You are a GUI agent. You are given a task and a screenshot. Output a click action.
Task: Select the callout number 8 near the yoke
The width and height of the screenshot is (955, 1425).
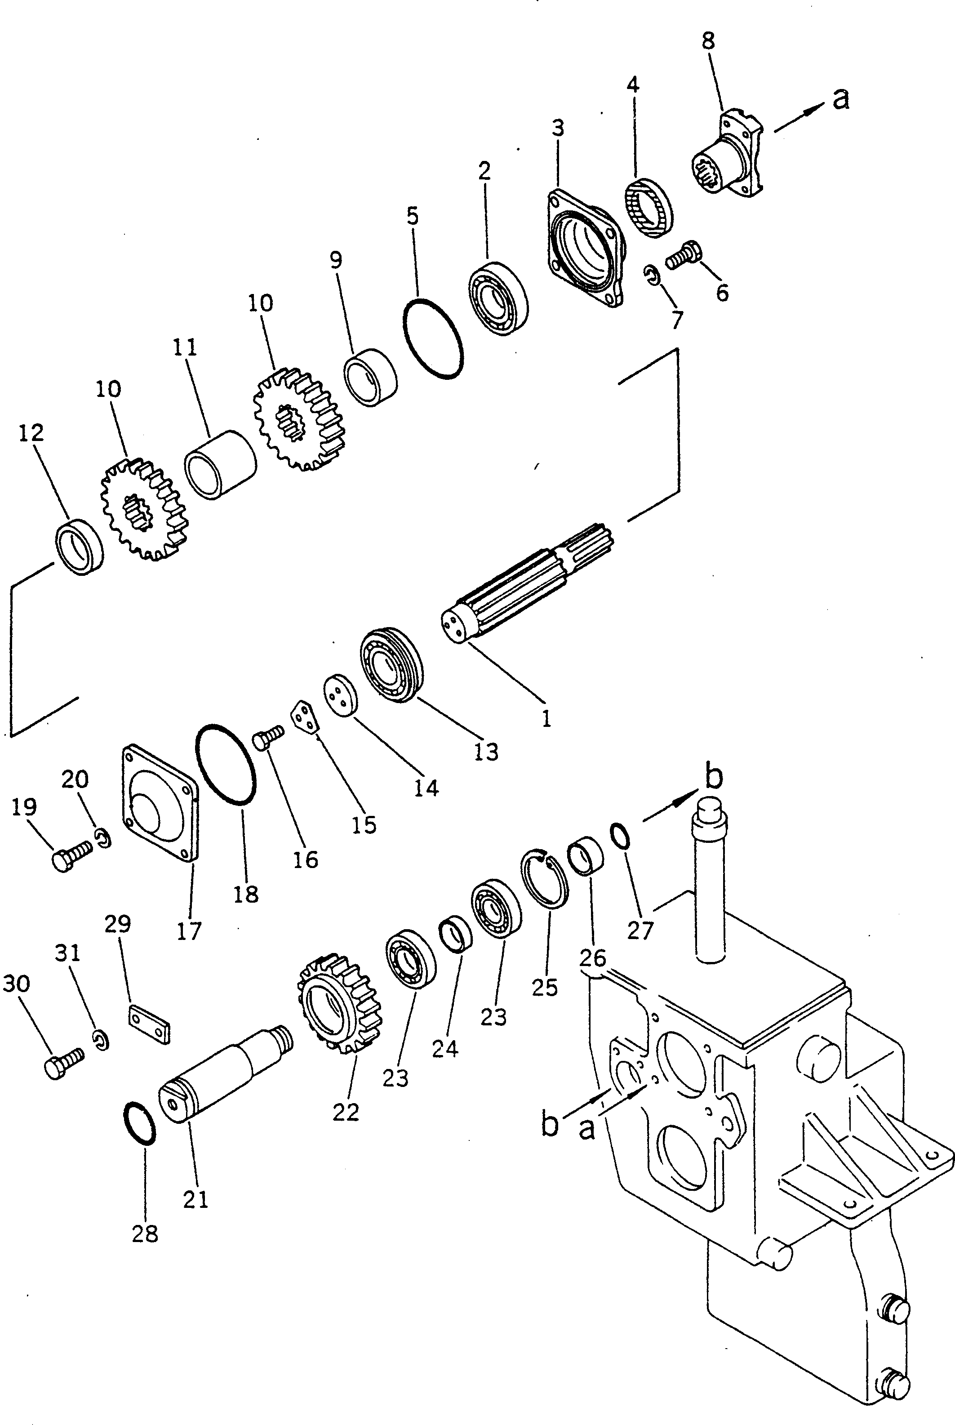pos(708,41)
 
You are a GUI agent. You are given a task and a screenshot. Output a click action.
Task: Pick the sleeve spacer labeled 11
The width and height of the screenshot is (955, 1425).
pos(221,465)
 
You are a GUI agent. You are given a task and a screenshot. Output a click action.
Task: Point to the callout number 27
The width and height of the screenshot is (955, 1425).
pos(640,931)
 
